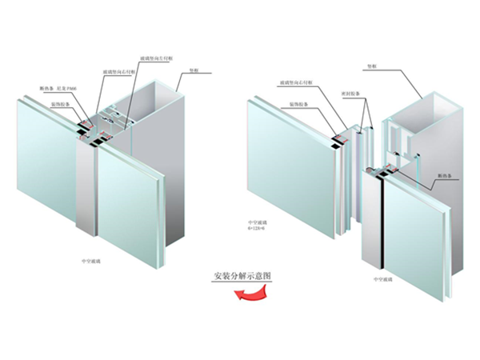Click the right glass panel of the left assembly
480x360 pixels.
tap(132, 200)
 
